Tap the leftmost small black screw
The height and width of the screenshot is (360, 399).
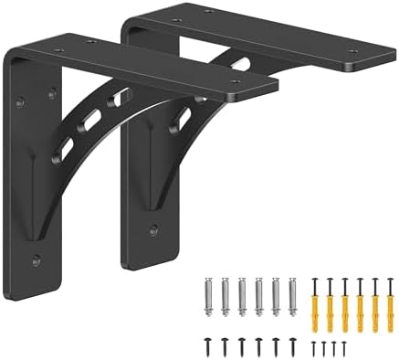315,346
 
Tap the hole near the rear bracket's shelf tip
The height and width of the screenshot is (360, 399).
352,52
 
